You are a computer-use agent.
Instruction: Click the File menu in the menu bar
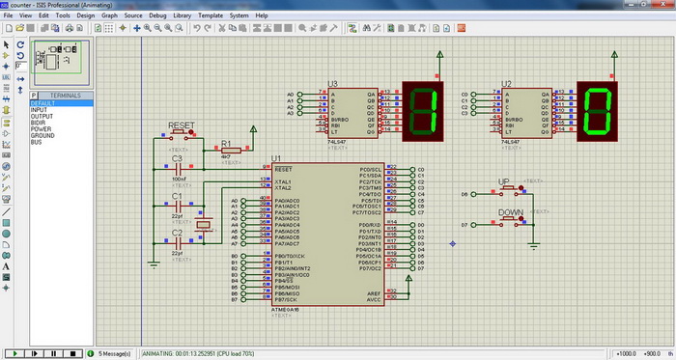pos(8,15)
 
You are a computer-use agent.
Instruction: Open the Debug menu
pos(157,15)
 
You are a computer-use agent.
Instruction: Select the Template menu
pos(210,15)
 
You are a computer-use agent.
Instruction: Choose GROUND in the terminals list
pos(43,135)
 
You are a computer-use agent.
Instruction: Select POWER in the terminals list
pos(42,128)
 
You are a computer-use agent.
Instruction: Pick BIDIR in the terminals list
pos(40,122)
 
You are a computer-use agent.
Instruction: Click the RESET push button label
pos(182,125)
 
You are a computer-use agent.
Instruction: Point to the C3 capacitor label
pos(177,158)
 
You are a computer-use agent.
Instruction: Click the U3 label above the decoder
pos(332,84)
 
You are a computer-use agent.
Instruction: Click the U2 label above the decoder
pos(506,84)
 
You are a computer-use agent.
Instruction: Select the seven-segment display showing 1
pos(426,107)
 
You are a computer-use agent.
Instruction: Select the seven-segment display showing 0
pos(600,107)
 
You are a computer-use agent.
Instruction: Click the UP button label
pos(503,181)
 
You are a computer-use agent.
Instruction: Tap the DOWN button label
pos(510,211)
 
